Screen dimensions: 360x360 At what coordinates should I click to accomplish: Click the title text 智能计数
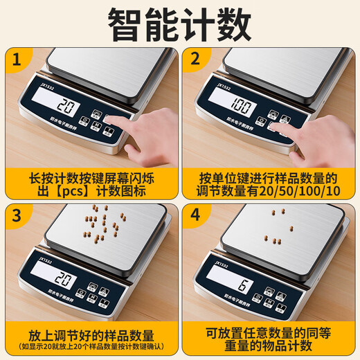click(x=179, y=26)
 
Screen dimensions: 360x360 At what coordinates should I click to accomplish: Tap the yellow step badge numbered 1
click(x=21, y=61)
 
